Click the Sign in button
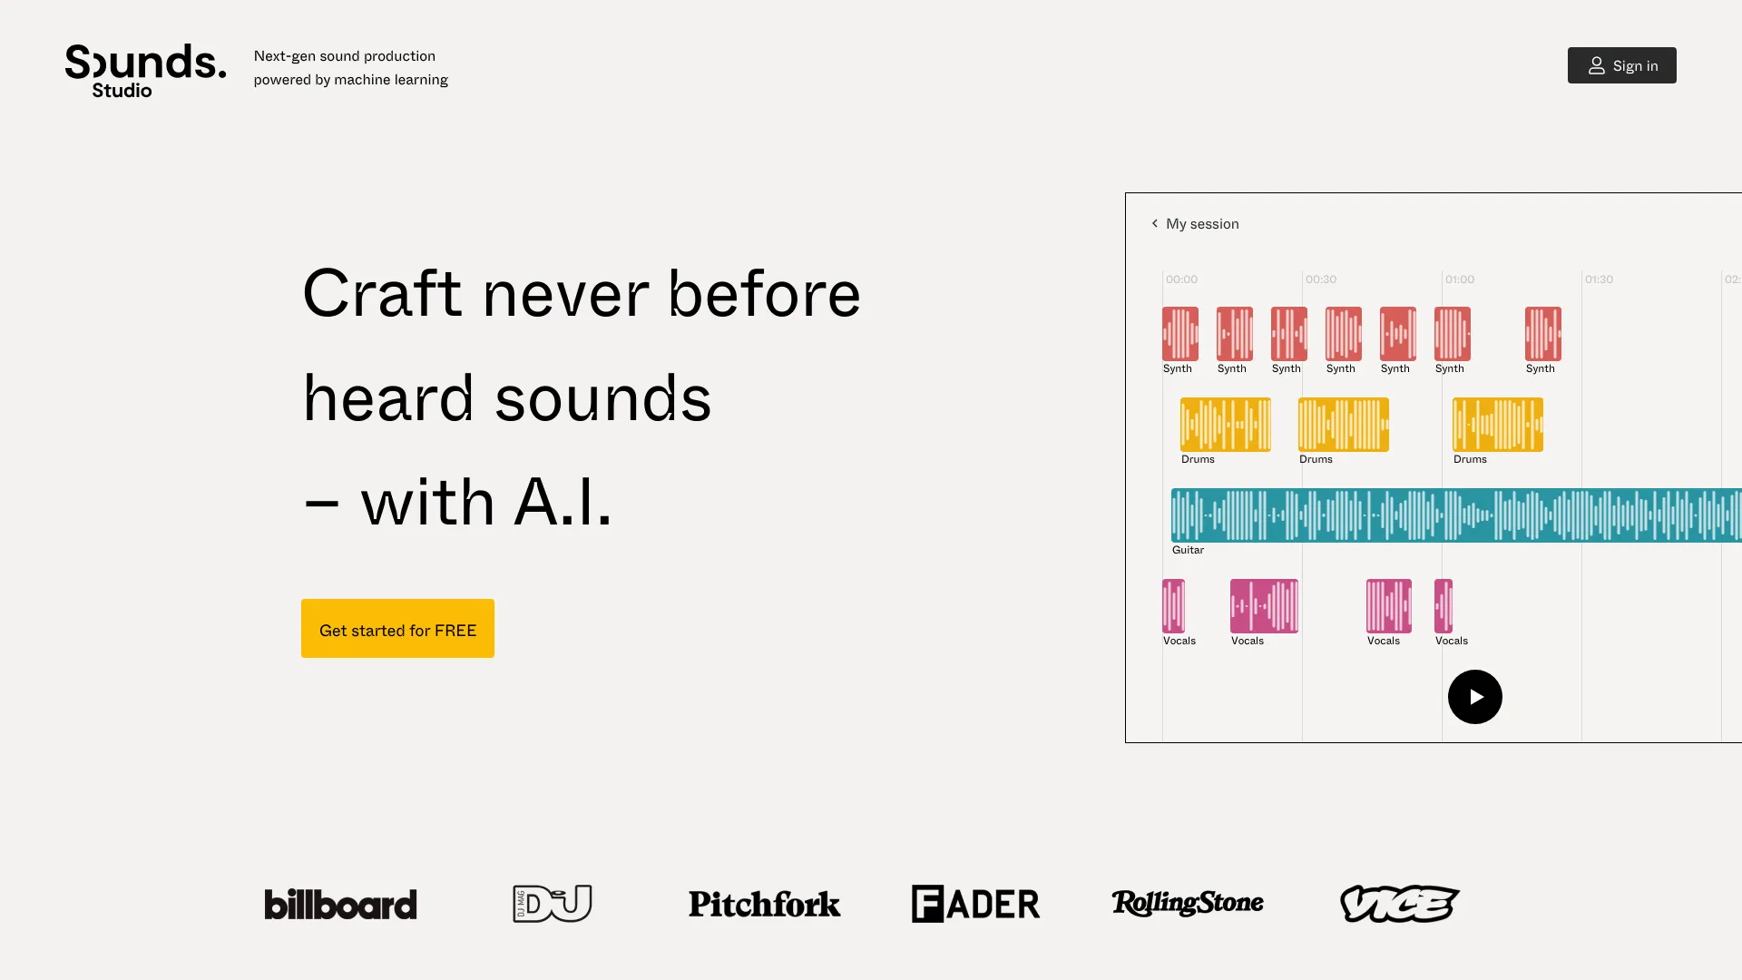(x=1621, y=65)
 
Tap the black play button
(x=1474, y=697)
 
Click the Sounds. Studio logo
(x=145, y=70)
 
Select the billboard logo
(x=340, y=904)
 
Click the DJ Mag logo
(x=552, y=904)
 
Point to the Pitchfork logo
(x=764, y=904)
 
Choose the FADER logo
(x=975, y=904)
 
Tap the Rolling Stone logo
(x=1187, y=903)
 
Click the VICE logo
(x=1399, y=904)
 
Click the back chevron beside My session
(x=1154, y=223)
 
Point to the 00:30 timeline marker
(x=1321, y=279)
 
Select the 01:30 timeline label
(x=1599, y=279)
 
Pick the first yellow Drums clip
(x=1225, y=425)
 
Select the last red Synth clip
(x=1542, y=334)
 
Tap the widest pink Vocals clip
(x=1264, y=606)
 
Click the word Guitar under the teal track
(x=1188, y=550)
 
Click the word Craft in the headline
(x=381, y=294)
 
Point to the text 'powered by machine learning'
(x=350, y=80)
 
